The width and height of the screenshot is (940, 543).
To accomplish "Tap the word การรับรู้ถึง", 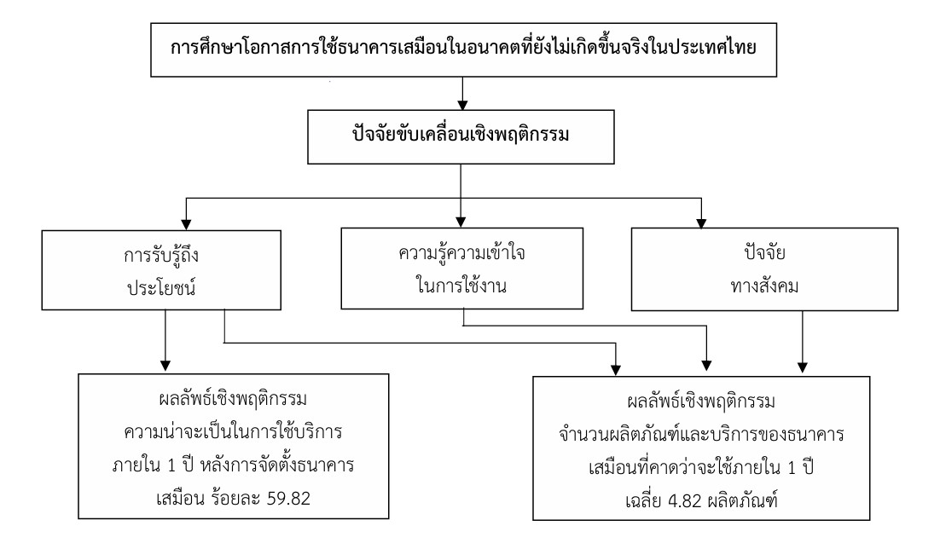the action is click(161, 256).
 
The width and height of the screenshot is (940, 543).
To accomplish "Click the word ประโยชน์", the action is click(161, 288).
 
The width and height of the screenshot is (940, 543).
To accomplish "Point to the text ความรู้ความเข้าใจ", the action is click(461, 253).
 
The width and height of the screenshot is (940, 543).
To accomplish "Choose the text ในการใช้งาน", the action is click(461, 286).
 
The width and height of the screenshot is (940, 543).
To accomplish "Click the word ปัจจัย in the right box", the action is click(765, 252).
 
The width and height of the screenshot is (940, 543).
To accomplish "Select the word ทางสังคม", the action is click(765, 286).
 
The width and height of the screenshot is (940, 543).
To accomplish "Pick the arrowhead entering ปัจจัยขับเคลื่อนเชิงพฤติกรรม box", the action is click(462, 104).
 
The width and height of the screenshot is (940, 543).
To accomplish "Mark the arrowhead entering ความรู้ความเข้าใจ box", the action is click(461, 222).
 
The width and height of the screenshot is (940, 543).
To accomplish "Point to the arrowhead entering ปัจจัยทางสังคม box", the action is click(701, 222).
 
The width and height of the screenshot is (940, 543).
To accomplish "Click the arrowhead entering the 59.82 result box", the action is click(165, 367).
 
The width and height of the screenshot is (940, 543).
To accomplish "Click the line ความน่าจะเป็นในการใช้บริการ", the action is click(233, 432).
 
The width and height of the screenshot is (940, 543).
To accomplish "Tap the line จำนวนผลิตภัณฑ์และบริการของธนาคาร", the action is click(701, 435).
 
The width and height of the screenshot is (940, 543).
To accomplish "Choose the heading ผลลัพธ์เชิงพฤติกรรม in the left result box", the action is click(233, 399).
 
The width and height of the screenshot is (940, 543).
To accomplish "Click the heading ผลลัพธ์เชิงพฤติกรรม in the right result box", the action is click(701, 401).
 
